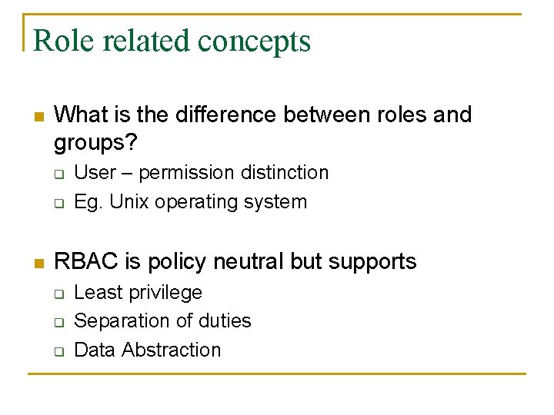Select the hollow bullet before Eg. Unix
[58, 204]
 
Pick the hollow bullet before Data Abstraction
[58, 351]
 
